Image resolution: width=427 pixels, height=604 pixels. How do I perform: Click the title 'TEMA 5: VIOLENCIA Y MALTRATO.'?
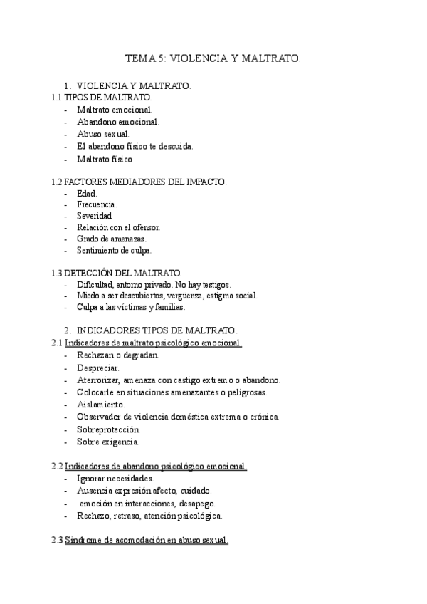click(213, 60)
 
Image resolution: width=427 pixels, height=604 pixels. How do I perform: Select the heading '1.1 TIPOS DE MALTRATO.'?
click(101, 98)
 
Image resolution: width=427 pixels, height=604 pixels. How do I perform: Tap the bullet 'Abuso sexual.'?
click(103, 134)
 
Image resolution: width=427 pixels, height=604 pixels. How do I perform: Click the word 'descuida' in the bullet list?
click(175, 147)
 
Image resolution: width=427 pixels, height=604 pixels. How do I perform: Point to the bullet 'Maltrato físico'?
click(105, 159)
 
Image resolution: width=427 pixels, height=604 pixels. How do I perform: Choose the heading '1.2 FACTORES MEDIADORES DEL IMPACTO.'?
click(139, 182)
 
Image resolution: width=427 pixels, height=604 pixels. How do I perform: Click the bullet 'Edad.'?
click(87, 194)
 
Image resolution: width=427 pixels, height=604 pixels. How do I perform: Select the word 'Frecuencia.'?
click(97, 204)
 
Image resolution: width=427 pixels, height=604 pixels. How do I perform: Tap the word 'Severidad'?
click(95, 216)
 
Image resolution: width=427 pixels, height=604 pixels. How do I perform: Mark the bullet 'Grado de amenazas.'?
click(111, 239)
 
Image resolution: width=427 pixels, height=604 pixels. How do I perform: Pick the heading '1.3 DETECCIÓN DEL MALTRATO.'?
click(117, 273)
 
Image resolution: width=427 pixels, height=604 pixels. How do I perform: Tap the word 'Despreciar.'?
click(98, 368)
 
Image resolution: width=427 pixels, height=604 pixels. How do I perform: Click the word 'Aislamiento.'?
click(101, 404)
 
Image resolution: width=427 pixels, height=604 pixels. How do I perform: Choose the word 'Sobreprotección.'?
click(109, 429)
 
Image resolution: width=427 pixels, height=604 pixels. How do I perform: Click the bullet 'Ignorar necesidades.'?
click(115, 479)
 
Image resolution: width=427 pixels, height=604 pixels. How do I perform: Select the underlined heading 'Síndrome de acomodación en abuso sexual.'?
click(147, 541)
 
